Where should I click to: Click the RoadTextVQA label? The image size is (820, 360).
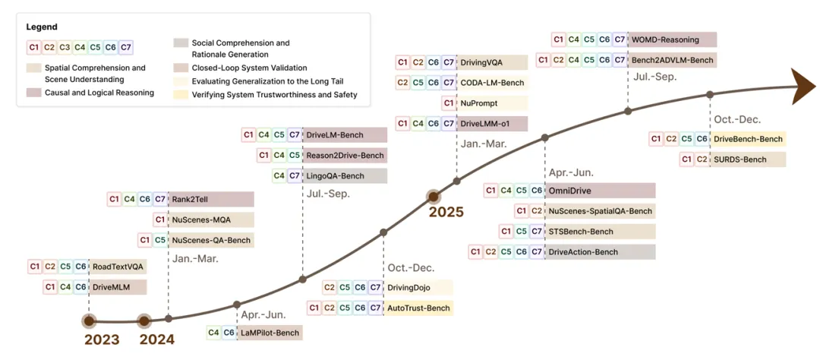[118, 267]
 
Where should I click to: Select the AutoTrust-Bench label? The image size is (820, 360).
[418, 308]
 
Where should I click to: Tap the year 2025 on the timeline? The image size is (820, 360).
[446, 212]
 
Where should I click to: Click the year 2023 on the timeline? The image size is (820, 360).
[101, 339]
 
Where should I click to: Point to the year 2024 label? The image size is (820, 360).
[156, 339]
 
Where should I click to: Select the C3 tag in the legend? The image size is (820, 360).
[65, 47]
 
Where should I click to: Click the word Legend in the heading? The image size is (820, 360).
[42, 27]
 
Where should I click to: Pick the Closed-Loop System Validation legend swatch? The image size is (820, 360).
[181, 68]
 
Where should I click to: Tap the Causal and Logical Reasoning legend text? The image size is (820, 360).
[99, 93]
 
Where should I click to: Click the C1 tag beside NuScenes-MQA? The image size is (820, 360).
[159, 220]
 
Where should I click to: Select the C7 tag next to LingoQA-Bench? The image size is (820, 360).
[295, 175]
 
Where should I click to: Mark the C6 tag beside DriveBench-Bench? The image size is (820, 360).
[702, 139]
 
